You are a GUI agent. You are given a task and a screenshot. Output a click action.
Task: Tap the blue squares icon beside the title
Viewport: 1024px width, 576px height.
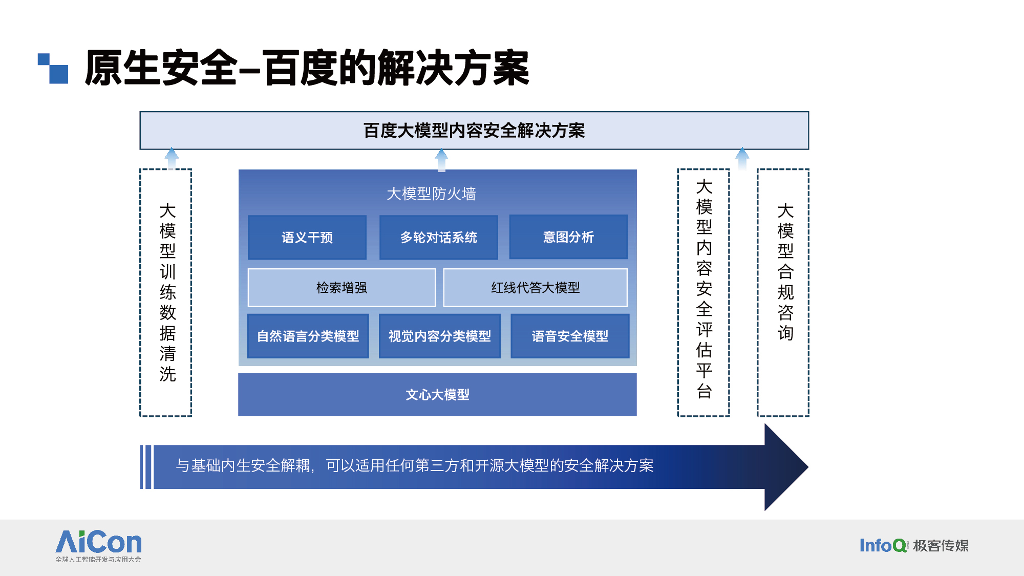53,68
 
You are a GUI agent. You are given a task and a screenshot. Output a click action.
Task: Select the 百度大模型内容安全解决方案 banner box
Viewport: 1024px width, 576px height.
474,131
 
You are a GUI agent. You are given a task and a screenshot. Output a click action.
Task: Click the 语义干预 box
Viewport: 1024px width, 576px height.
307,237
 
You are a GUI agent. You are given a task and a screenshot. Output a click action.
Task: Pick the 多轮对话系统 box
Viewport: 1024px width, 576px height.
439,237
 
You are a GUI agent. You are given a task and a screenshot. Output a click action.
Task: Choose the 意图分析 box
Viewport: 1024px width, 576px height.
569,237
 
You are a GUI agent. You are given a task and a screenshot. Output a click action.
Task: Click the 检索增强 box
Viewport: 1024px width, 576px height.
342,288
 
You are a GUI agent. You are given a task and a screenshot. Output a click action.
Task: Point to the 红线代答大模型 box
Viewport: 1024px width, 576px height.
536,288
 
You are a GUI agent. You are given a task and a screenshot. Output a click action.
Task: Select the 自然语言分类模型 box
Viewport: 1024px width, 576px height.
308,336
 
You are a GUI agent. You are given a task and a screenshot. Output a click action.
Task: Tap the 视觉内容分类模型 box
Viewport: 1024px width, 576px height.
440,336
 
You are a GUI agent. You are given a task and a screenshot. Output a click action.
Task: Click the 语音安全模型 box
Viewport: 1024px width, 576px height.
570,336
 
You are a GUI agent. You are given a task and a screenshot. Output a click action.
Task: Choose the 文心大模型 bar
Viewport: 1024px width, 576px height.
437,395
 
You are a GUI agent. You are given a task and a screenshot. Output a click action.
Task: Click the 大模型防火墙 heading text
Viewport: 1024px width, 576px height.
431,194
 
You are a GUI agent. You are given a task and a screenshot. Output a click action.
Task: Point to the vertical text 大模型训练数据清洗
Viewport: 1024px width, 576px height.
167,292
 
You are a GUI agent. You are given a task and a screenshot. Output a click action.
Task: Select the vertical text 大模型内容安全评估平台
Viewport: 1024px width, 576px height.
704,289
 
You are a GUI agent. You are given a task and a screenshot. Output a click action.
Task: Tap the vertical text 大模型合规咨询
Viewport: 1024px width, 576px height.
785,272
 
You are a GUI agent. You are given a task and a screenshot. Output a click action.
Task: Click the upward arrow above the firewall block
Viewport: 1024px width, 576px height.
441,160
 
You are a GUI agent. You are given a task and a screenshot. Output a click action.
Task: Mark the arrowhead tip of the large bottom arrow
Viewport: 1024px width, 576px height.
808,466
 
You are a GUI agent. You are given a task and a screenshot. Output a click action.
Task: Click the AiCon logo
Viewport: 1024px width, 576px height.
98,546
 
